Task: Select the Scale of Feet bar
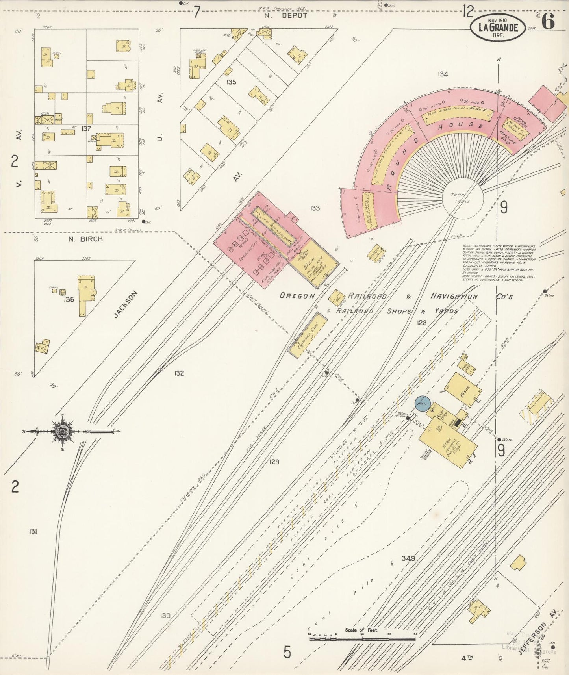pos(362,638)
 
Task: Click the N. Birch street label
pos(85,239)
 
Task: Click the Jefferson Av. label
pos(537,638)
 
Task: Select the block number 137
pos(86,128)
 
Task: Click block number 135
pos(231,82)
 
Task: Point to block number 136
pos(69,300)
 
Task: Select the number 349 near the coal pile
pos(408,558)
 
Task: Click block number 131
pos(33,532)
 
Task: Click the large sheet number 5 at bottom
pos(287,652)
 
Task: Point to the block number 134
pos(443,74)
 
